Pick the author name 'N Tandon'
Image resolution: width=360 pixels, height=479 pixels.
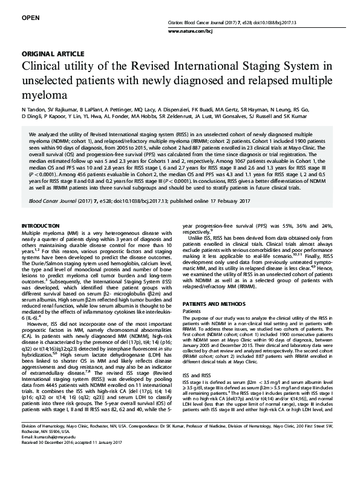click(x=34, y=107)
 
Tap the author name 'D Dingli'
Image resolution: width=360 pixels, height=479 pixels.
click(x=33, y=115)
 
